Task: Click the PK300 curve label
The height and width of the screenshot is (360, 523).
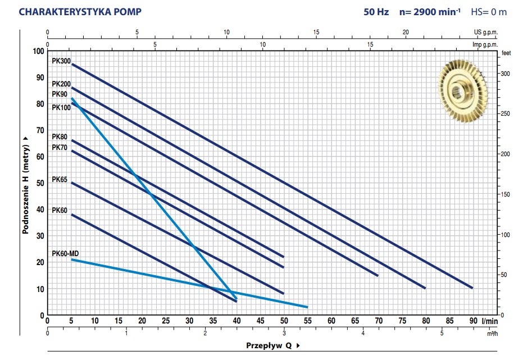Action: point(61,62)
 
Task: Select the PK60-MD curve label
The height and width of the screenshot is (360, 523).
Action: point(65,253)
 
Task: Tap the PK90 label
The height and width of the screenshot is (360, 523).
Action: point(60,94)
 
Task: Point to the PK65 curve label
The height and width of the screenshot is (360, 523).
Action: point(60,180)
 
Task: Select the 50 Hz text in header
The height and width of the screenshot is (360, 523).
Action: point(375,12)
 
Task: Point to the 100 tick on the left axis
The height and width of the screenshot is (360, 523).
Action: point(38,51)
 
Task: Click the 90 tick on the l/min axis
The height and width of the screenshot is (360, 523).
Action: point(473,321)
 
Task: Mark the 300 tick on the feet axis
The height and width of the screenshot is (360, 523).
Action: point(504,74)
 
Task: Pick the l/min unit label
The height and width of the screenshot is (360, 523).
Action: point(490,321)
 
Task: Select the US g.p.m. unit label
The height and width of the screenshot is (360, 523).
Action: point(486,33)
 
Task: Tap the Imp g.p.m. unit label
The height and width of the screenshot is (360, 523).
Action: point(485,44)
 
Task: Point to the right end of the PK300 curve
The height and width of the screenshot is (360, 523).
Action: point(472,288)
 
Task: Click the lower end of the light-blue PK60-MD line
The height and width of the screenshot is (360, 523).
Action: point(307,307)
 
